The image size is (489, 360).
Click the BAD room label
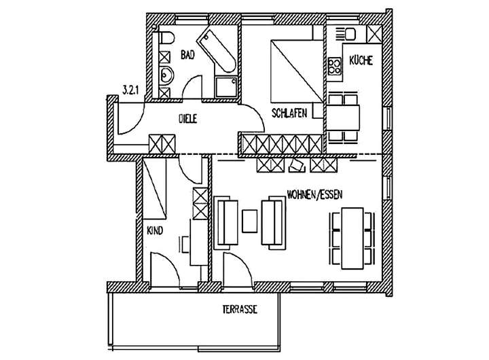[x=187, y=56]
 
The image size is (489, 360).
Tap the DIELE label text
[x=187, y=119]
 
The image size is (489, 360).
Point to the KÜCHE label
[x=360, y=61]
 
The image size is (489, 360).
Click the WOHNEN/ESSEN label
[x=314, y=193]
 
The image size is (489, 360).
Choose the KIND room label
[x=156, y=231]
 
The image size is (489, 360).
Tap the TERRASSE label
[x=239, y=309]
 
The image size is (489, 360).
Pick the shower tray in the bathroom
[x=225, y=86]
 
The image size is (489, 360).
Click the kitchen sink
[x=350, y=33]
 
